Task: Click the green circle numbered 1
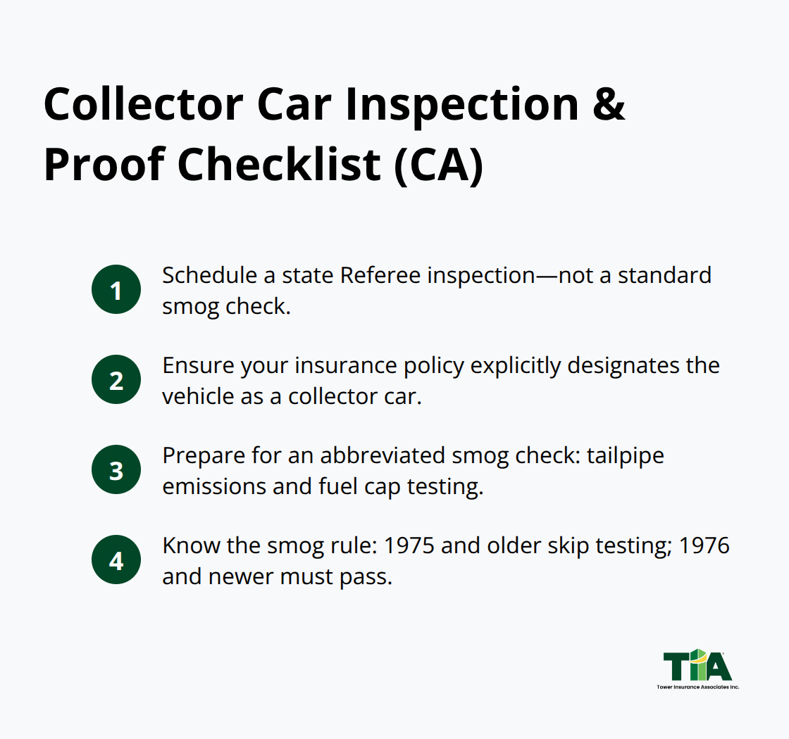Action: tap(116, 289)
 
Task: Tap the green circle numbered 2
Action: tap(116, 379)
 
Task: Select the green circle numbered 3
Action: tap(116, 469)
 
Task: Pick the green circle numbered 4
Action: tap(116, 560)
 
